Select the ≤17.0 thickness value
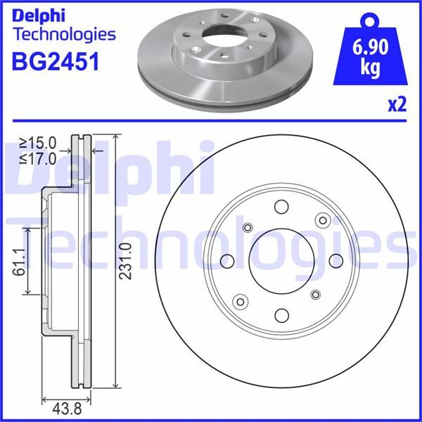click(39, 160)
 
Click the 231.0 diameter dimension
click(126, 261)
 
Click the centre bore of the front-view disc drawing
click(280, 260)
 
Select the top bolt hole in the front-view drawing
click(281, 207)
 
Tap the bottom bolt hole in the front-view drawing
click(281, 314)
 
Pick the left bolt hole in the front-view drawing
click(226, 261)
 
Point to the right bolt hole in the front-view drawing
click(335, 261)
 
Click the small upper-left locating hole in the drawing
click(247, 227)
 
